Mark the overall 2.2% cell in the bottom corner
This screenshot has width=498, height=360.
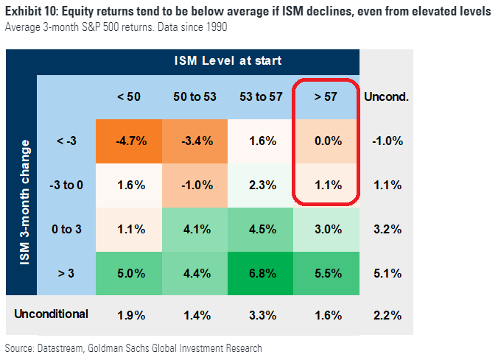[x=387, y=316]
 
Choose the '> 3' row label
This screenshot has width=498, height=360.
[x=66, y=273]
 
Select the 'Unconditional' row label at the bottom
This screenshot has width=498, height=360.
[x=51, y=314]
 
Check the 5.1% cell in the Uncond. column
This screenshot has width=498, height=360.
[x=387, y=273]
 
